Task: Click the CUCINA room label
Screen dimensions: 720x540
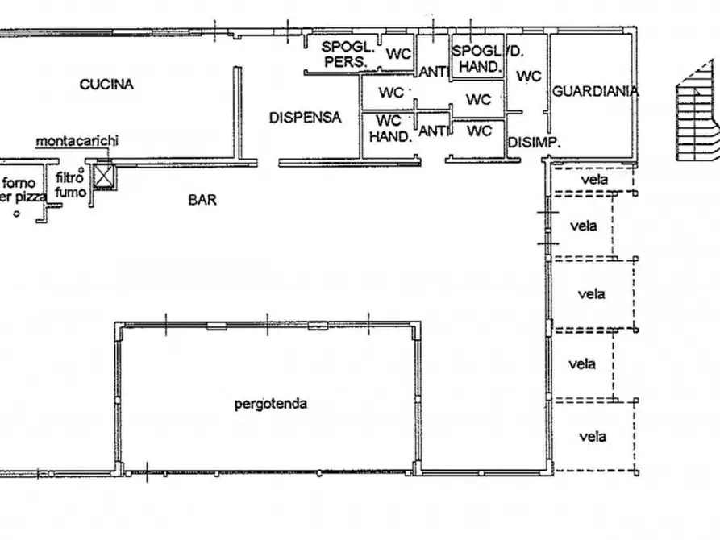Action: [106, 85]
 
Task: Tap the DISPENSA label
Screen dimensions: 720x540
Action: [306, 118]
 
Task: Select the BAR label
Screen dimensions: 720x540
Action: [202, 200]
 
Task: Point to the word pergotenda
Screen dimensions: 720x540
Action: [270, 404]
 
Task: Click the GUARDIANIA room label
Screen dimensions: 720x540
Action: [595, 91]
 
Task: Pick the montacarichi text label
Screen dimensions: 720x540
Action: [77, 140]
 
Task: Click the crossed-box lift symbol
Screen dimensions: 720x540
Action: [103, 176]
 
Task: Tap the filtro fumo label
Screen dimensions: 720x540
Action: [70, 184]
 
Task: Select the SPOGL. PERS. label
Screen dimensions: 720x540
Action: [348, 54]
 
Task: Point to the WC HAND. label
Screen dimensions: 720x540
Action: [390, 129]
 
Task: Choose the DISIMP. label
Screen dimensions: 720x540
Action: [535, 143]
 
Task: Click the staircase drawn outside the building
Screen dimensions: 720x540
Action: [698, 113]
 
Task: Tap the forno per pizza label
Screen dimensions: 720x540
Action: [22, 190]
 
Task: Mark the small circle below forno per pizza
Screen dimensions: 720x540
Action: [17, 214]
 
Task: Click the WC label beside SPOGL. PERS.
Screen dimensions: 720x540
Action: [398, 54]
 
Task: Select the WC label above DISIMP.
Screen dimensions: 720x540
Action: [529, 76]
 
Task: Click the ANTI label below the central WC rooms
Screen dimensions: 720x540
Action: [433, 131]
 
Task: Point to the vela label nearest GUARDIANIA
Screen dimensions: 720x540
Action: [595, 179]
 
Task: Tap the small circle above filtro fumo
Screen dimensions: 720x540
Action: [81, 170]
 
